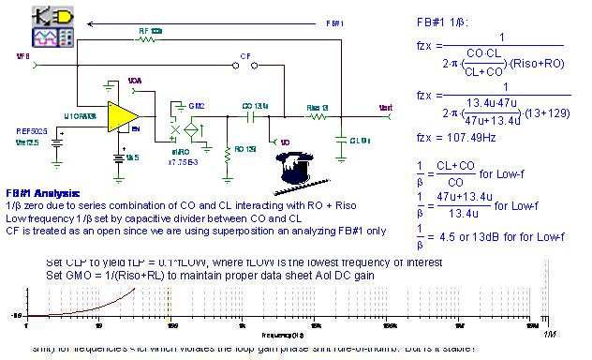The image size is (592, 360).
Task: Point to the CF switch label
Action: pyautogui.click(x=245, y=57)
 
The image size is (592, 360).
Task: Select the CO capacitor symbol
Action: pyautogui.click(x=250, y=117)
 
